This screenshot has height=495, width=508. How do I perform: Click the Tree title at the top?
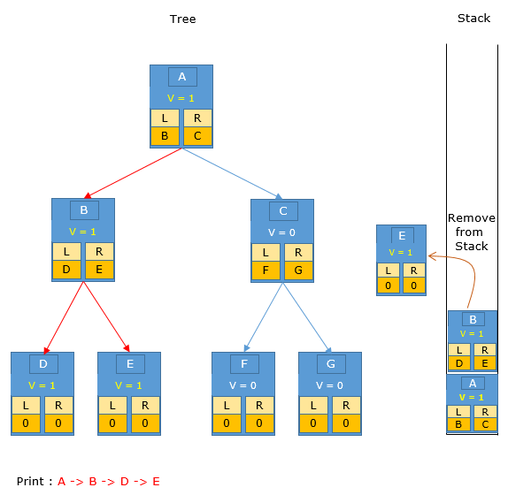point(182,19)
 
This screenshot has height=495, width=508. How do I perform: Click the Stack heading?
point(473,18)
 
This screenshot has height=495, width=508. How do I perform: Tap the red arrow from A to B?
point(133,173)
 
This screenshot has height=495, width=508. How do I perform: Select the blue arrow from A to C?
point(232,173)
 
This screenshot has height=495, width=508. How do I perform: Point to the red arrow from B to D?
point(64,317)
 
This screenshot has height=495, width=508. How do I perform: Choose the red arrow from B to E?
point(106,316)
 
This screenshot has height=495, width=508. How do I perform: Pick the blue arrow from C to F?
point(264,317)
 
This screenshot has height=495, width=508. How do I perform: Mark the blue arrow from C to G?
point(307,317)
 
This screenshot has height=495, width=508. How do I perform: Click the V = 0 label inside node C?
point(281,232)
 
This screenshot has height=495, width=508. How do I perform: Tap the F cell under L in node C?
point(266,270)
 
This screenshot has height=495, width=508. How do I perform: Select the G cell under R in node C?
point(298,270)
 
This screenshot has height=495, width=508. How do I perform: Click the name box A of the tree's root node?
point(182,77)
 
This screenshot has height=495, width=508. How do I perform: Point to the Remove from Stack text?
point(472,232)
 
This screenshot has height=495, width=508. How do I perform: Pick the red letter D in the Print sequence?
point(125,482)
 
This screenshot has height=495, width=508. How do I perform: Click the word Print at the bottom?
point(30,481)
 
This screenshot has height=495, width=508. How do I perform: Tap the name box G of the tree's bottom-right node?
point(331,364)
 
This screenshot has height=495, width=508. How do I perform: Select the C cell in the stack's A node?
point(485,424)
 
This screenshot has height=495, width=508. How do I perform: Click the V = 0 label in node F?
point(242,385)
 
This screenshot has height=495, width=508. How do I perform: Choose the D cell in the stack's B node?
point(459,363)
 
